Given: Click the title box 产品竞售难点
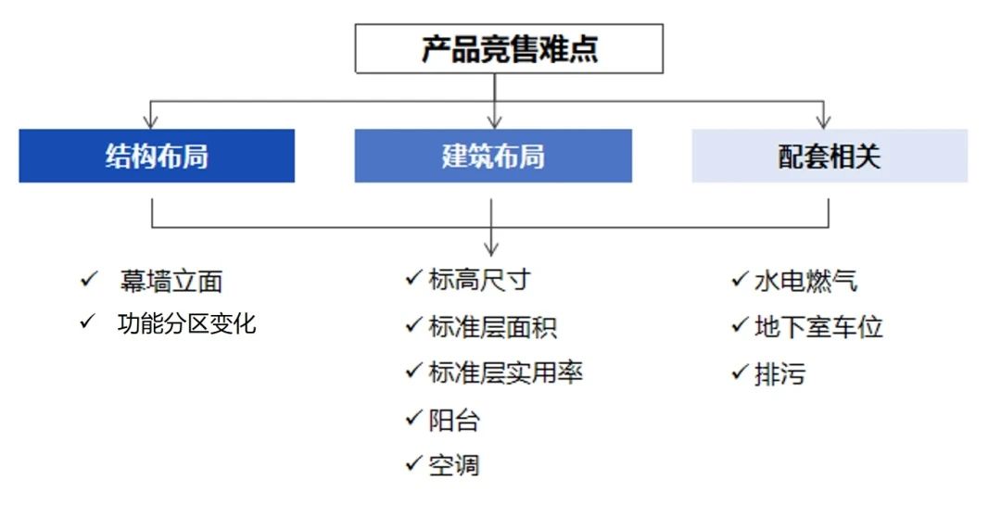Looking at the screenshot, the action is [x=509, y=48].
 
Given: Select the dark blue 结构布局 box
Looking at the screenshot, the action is [x=157, y=156].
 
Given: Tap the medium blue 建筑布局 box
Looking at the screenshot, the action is [x=493, y=156].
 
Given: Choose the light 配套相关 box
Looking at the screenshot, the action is [x=830, y=156].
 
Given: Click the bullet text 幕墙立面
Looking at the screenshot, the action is [x=171, y=282].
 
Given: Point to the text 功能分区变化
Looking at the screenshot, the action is [x=186, y=323].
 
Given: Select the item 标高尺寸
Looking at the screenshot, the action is [x=479, y=280].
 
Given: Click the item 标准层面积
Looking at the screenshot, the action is [x=492, y=326].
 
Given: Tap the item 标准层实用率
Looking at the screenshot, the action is [x=506, y=373].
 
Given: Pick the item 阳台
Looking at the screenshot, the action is [x=454, y=420].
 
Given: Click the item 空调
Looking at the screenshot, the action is [x=454, y=465].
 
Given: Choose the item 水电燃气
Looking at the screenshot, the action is [x=805, y=281].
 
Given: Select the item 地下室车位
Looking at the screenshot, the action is [x=818, y=326].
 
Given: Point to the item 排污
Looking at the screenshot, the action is [x=779, y=373].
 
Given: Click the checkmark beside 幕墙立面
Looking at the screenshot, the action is [x=89, y=279].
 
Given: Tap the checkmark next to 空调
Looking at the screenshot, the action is [x=413, y=462].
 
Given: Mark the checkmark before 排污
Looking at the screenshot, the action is [x=740, y=371].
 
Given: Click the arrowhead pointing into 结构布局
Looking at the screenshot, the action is [x=151, y=122].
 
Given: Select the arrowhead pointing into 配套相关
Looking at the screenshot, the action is [x=824, y=122].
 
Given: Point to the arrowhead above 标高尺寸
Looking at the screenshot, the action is [x=491, y=248].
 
